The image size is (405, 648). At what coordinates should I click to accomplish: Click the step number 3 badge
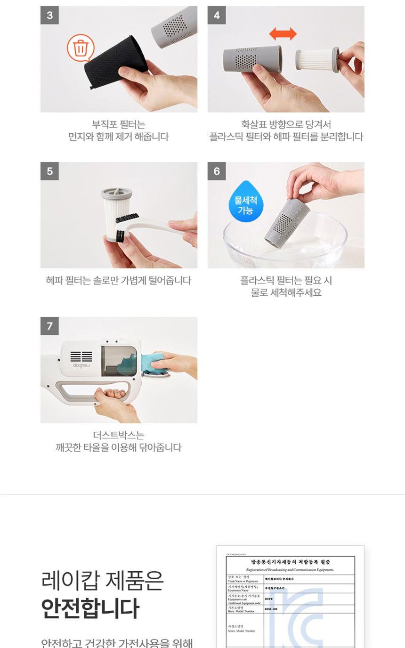49,15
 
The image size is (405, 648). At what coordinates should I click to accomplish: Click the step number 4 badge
217,15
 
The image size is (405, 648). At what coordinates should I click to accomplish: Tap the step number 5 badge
49,171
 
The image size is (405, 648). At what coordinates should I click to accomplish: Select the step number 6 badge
217,171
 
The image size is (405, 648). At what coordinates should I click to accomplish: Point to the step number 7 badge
49,326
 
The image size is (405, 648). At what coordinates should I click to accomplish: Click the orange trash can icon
81,48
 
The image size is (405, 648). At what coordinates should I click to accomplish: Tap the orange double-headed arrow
283,34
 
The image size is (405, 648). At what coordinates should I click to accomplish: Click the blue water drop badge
245,202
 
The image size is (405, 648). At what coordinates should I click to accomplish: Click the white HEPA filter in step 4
314,59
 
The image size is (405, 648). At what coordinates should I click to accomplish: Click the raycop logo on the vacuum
81,365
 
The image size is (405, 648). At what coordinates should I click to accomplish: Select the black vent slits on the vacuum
81,356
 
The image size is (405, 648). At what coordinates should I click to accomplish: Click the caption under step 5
119,281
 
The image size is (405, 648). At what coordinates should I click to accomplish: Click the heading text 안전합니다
90,608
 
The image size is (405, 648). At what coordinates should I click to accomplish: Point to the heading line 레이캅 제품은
102,581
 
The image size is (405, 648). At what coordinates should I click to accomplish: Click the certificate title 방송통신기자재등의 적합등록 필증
290,562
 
